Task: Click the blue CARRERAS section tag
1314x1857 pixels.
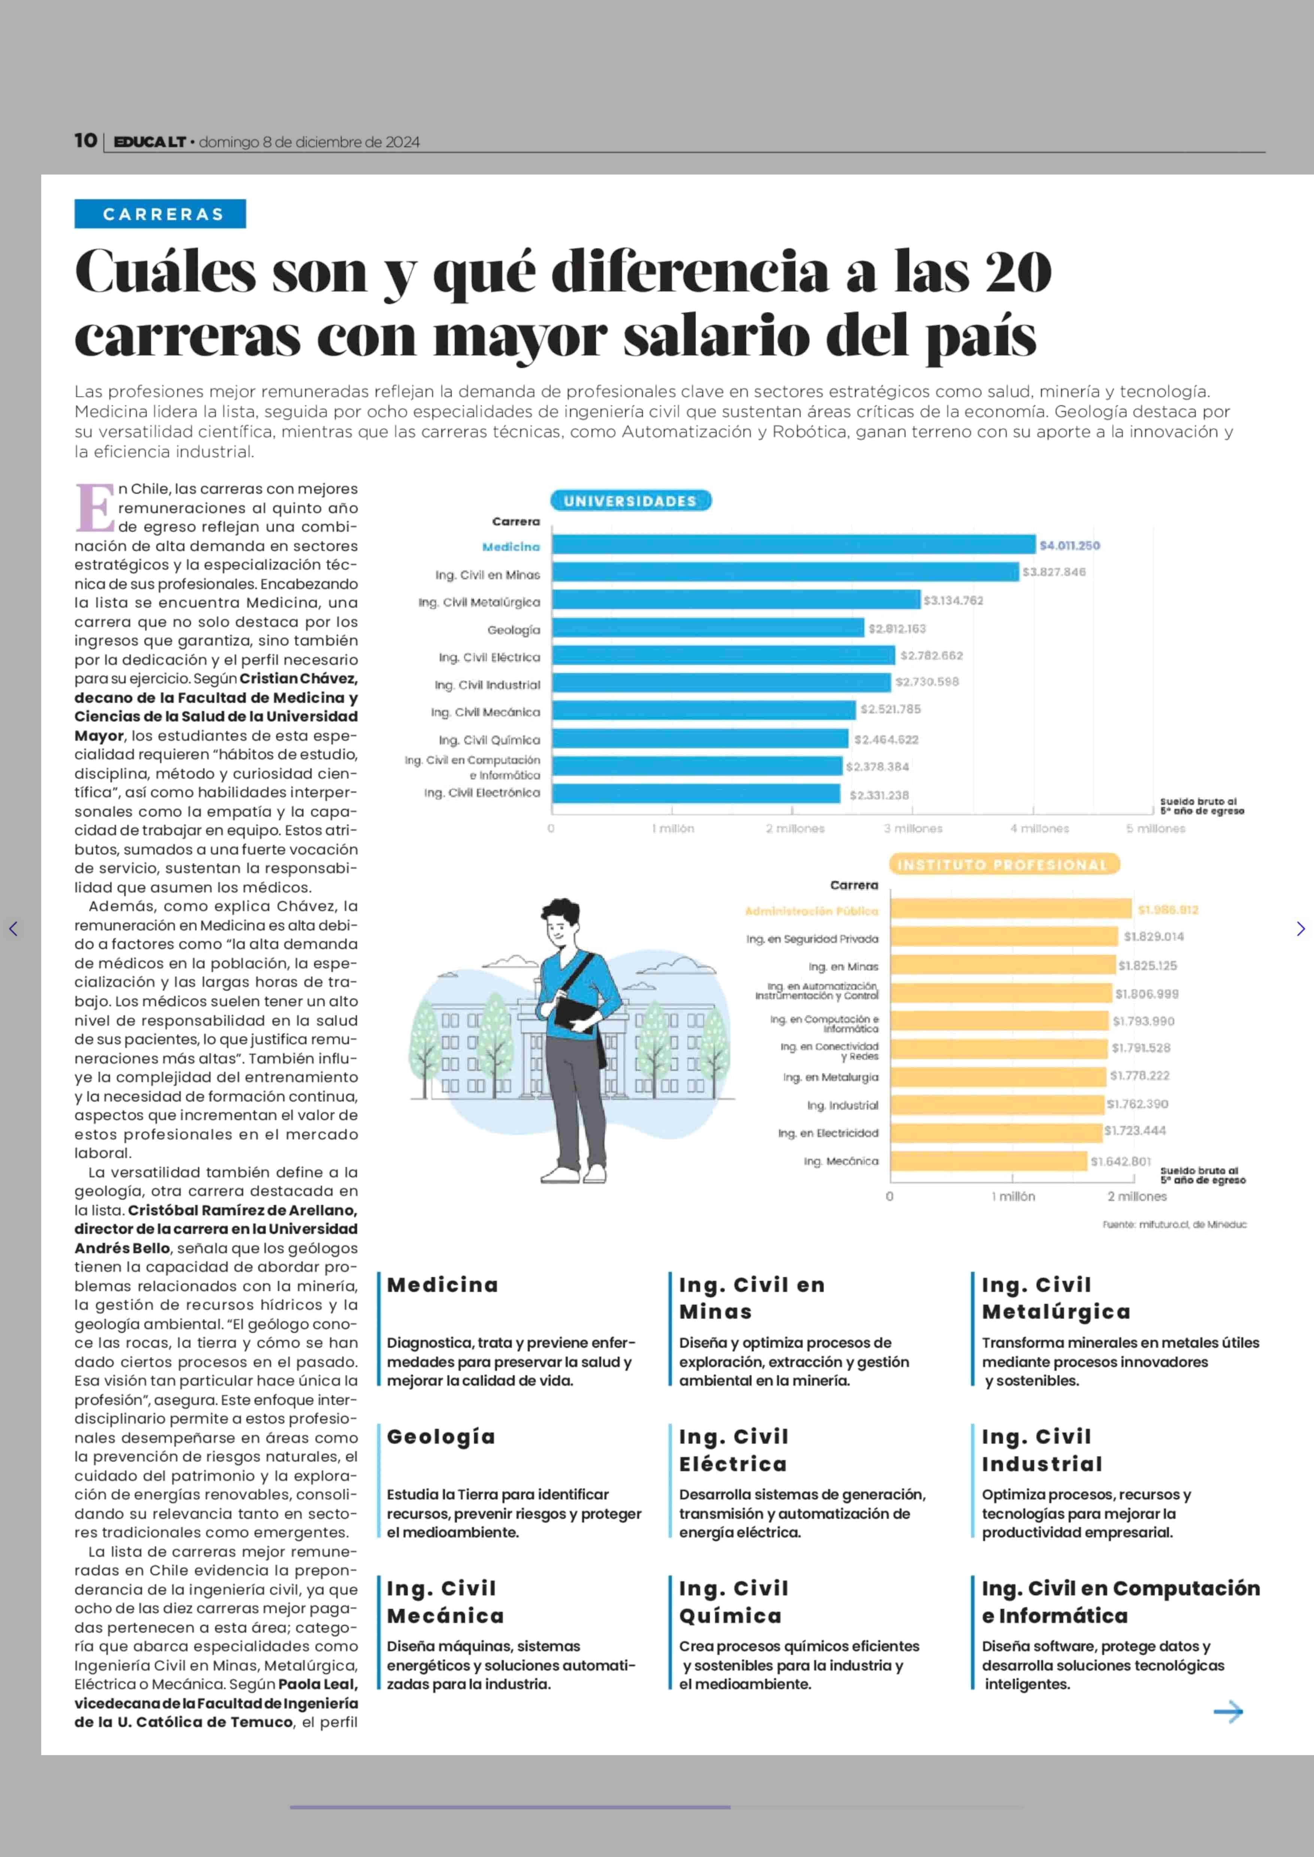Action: point(160,213)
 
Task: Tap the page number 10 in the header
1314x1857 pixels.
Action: point(85,141)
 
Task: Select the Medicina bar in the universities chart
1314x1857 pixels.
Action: point(793,545)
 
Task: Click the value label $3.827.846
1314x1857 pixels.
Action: point(1053,572)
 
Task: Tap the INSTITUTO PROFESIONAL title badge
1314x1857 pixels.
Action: point(1003,864)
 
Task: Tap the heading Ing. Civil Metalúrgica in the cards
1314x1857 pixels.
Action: point(1056,1298)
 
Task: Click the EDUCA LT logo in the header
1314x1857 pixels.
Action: point(150,142)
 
